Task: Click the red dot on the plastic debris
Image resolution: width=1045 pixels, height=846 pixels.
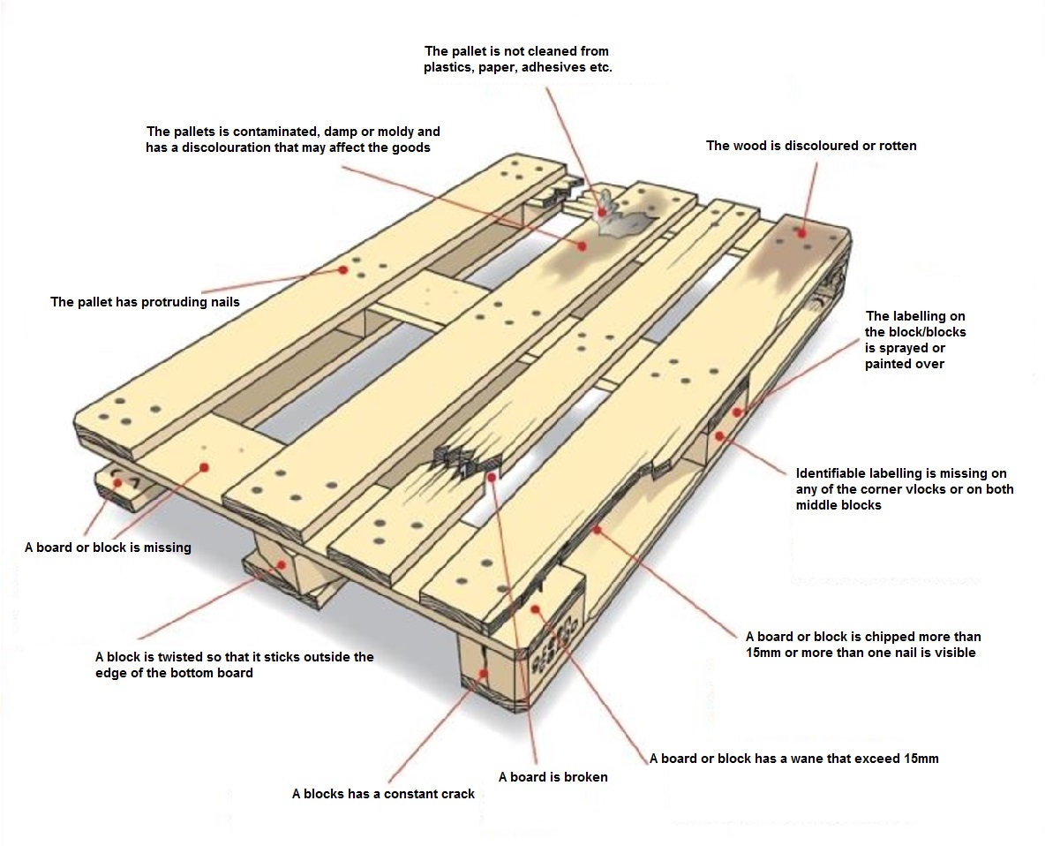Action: (x=603, y=212)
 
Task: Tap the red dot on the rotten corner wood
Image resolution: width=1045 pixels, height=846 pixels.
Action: (x=800, y=232)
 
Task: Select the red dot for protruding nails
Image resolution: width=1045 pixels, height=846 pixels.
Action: (x=342, y=270)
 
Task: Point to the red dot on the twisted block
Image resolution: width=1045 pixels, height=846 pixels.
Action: (x=282, y=563)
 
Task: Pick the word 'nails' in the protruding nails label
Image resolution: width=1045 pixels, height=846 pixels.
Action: (x=222, y=302)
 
